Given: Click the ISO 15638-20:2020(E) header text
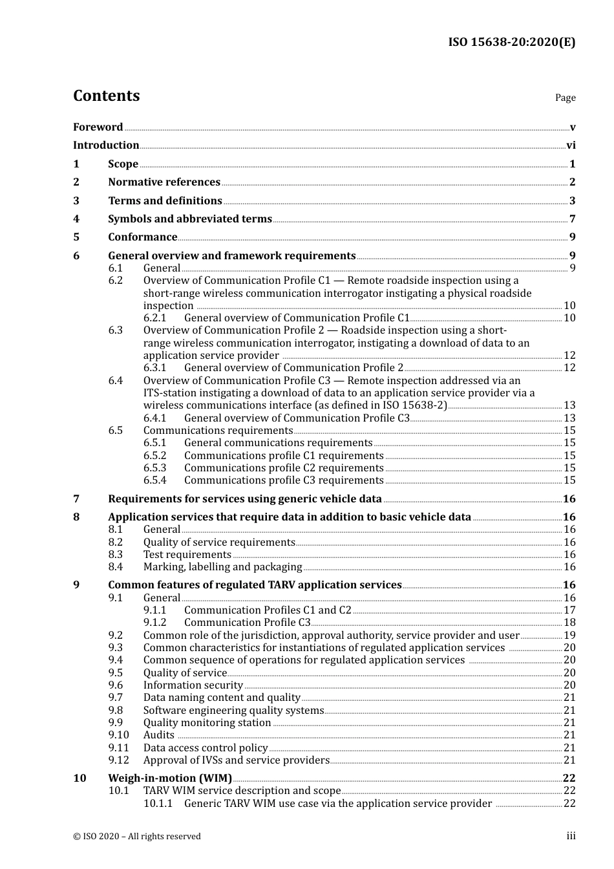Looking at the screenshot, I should click(x=511, y=43).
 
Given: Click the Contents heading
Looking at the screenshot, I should click(x=106, y=96).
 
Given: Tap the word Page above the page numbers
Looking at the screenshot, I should click(x=565, y=98).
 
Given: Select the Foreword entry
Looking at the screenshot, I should click(x=98, y=127).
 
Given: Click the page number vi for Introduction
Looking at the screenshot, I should click(x=571, y=145).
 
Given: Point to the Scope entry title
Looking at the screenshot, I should click(x=123, y=164).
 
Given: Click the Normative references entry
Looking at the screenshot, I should click(x=164, y=182).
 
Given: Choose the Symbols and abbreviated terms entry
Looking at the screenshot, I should click(x=190, y=219).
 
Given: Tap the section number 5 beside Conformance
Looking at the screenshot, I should click(x=76, y=237).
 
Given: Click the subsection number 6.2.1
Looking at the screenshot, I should click(x=155, y=318).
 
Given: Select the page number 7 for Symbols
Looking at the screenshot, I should click(x=572, y=219).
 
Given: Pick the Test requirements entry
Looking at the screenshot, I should click(x=187, y=555).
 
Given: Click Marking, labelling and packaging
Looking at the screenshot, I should click(x=222, y=567).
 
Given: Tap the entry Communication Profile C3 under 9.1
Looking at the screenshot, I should click(x=247, y=623).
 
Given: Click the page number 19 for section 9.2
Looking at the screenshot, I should click(x=569, y=636).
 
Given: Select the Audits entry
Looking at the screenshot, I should click(x=158, y=735).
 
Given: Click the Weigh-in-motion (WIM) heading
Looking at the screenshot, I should click(x=170, y=778).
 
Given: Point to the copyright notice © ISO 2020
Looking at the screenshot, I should click(x=136, y=837).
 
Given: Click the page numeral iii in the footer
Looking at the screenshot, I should click(x=571, y=836).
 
